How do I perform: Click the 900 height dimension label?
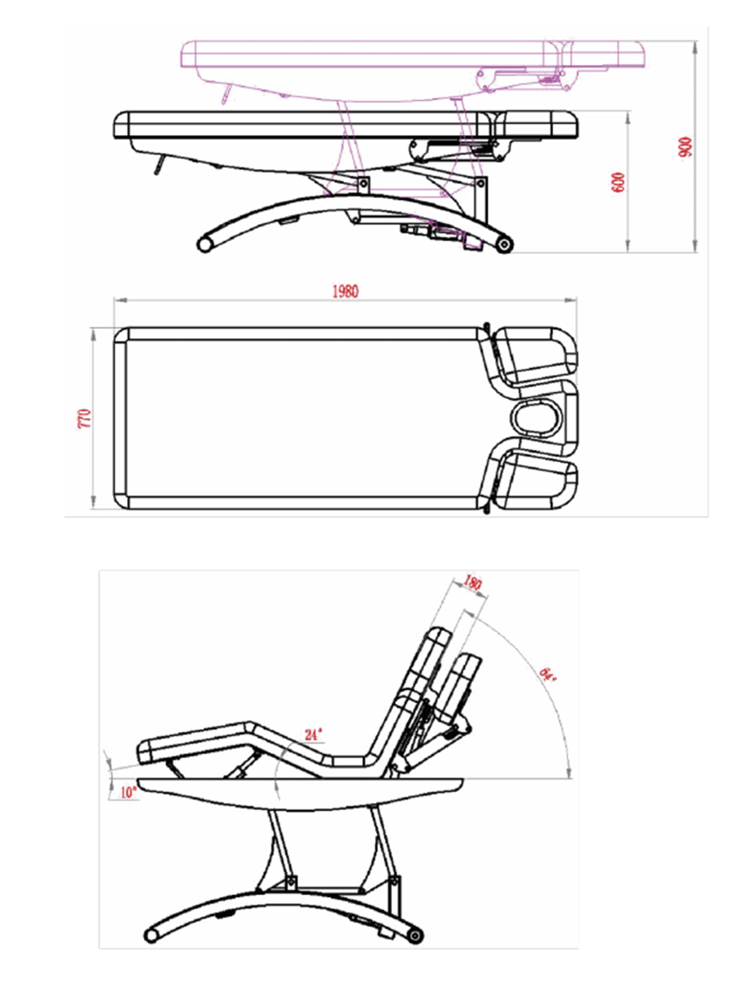pos(686,147)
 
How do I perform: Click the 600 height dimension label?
pos(619,182)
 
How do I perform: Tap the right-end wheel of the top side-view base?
pos(505,244)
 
